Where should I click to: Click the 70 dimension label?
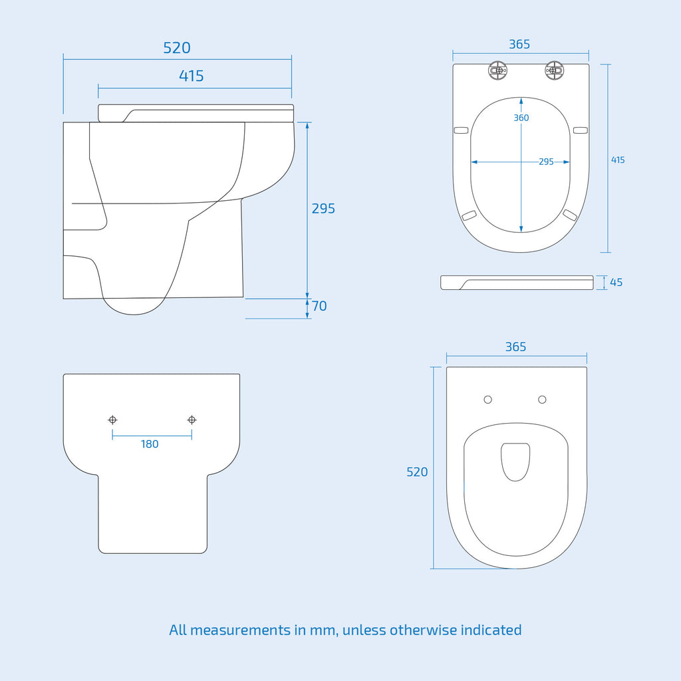pyautogui.click(x=319, y=306)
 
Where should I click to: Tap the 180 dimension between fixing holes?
pyautogui.click(x=150, y=444)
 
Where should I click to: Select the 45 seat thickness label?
pyautogui.click(x=616, y=282)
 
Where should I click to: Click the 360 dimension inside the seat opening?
pyautogui.click(x=521, y=118)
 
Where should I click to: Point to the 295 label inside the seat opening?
pyautogui.click(x=546, y=162)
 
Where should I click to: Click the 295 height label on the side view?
pyautogui.click(x=323, y=208)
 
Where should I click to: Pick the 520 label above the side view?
pyautogui.click(x=177, y=48)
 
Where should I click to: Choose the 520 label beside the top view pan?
pyautogui.click(x=417, y=472)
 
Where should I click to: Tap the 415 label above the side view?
pyautogui.click(x=191, y=76)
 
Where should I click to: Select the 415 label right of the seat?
pyautogui.click(x=618, y=160)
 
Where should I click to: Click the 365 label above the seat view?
pyautogui.click(x=519, y=45)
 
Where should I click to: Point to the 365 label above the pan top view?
pyautogui.click(x=515, y=346)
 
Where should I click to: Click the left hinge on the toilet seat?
pyautogui.click(x=497, y=70)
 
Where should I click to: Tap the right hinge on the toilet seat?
pyautogui.click(x=554, y=70)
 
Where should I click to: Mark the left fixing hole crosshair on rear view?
pyautogui.click(x=112, y=420)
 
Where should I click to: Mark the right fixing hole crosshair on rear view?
pyautogui.click(x=192, y=420)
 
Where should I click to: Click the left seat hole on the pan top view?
pyautogui.click(x=487, y=400)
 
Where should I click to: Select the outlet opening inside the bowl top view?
pyautogui.click(x=515, y=462)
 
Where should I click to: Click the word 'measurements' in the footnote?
pyautogui.click(x=240, y=630)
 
